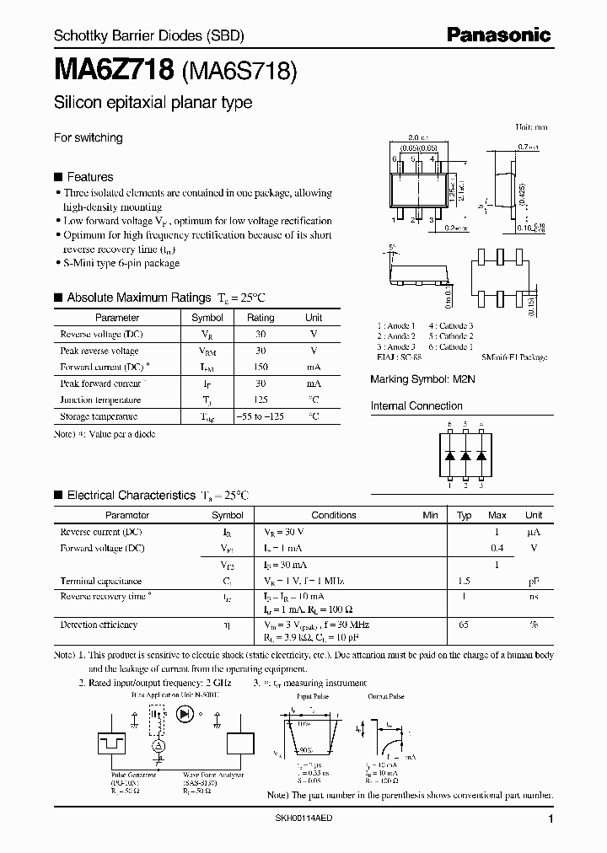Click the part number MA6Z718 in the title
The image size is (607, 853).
(x=114, y=72)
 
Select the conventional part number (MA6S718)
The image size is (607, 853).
(x=239, y=72)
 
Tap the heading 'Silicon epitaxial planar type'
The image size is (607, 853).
(x=153, y=103)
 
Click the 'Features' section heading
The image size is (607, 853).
(x=89, y=177)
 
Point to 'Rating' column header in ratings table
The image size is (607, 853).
(x=260, y=318)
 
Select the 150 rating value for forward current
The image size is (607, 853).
(x=260, y=367)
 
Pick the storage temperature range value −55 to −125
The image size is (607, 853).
(x=260, y=416)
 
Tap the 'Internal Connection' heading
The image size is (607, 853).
(x=416, y=406)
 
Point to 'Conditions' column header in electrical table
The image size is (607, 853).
(x=334, y=515)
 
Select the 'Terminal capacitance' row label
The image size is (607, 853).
(x=100, y=581)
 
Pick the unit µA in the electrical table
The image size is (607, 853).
(x=533, y=532)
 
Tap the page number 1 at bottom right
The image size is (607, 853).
(x=551, y=819)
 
